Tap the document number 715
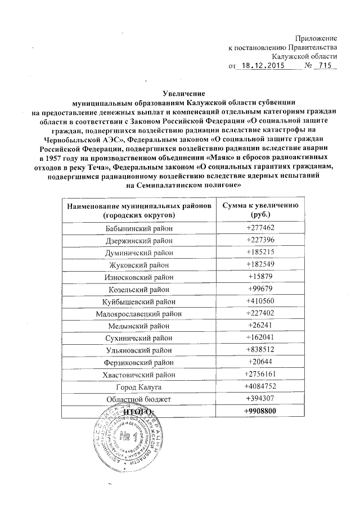[x=323, y=66]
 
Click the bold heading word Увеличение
[x=181, y=93]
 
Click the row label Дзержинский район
[x=139, y=241]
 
